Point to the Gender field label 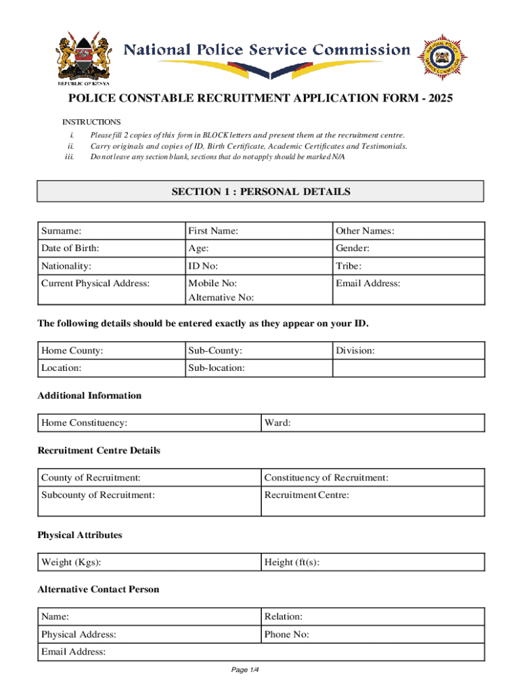click(x=353, y=248)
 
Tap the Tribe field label click(x=348, y=266)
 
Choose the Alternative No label click(x=221, y=297)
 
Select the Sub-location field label click(x=217, y=368)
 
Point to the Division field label click(x=355, y=351)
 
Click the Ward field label click(x=277, y=423)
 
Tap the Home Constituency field click(x=149, y=423)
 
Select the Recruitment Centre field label click(x=307, y=495)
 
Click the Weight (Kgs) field click(x=149, y=562)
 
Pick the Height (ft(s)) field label click(x=292, y=562)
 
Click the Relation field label click(x=284, y=617)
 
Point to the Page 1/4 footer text click(x=245, y=670)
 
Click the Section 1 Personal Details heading click(x=260, y=192)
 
